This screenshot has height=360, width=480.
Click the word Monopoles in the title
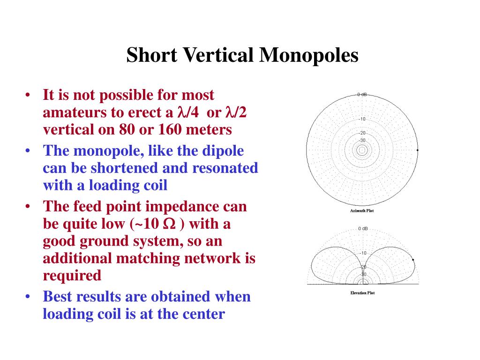pyautogui.click(x=309, y=56)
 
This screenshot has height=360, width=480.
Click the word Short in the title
pyautogui.click(x=151, y=55)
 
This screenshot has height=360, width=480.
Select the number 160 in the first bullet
pyautogui.click(x=165, y=129)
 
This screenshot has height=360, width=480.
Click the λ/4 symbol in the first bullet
pyautogui.click(x=187, y=112)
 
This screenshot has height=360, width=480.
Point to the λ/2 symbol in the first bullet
pyautogui.click(x=236, y=112)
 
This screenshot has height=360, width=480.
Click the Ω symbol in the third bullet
pyautogui.click(x=170, y=224)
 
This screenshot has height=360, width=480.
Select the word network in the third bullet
pyautogui.click(x=212, y=258)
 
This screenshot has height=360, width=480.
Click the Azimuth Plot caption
pyautogui.click(x=362, y=210)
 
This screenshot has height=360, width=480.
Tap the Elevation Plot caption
pyautogui.click(x=362, y=293)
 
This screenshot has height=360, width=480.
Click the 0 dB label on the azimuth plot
pyautogui.click(x=362, y=94)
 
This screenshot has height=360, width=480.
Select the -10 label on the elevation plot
pyautogui.click(x=363, y=253)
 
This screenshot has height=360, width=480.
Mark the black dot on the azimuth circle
pyautogui.click(x=418, y=150)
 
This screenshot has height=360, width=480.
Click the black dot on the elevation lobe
pyautogui.click(x=413, y=260)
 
